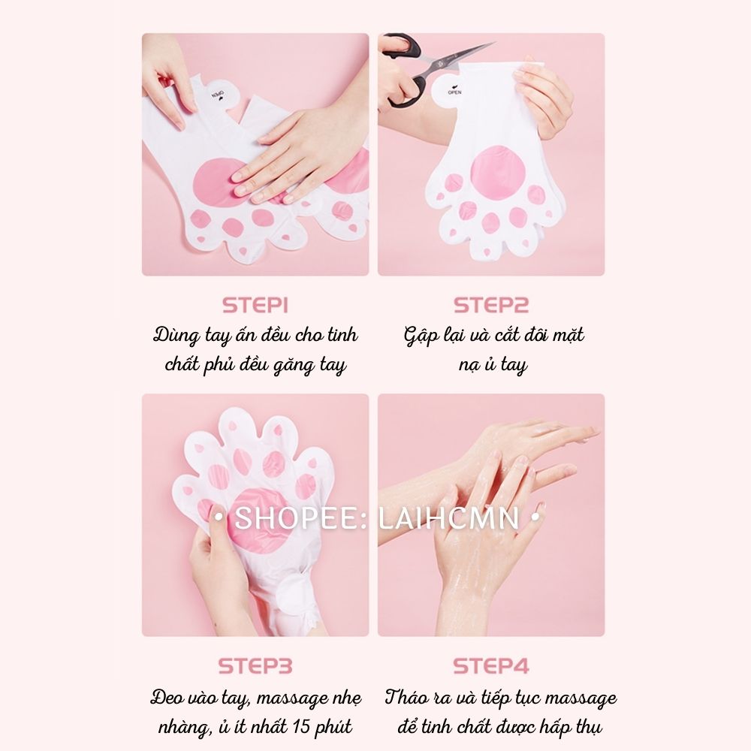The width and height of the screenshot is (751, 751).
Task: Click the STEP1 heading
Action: (x=255, y=306)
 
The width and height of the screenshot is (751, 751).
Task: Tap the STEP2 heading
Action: (x=491, y=306)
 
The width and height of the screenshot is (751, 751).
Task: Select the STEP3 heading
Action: (x=255, y=666)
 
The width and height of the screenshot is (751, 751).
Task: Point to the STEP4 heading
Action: (x=491, y=666)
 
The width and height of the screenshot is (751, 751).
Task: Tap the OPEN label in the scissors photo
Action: (x=454, y=92)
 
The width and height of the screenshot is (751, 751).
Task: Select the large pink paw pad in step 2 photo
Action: (x=498, y=173)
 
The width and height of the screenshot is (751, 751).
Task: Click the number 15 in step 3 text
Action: (x=301, y=726)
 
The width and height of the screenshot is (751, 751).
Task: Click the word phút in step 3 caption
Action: (x=334, y=728)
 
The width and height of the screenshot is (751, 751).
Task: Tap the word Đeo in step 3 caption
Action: (x=166, y=698)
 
